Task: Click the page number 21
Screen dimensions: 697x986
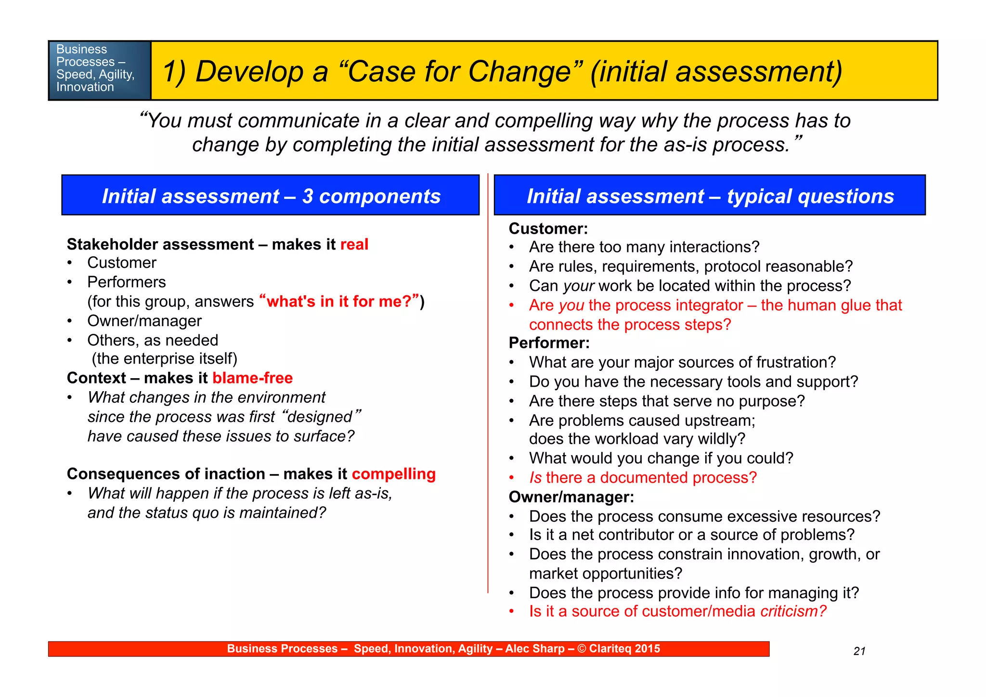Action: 859,651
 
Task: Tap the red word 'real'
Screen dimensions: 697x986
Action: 354,244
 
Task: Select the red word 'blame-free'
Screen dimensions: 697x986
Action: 252,378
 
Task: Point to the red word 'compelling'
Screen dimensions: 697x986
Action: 393,474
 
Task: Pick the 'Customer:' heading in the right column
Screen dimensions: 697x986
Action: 548,228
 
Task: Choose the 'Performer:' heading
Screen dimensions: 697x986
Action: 549,343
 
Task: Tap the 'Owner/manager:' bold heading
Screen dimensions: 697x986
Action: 571,497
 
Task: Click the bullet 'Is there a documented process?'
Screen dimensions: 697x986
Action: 643,477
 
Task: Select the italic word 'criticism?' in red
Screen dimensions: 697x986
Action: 793,611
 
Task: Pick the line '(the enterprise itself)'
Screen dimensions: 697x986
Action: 165,359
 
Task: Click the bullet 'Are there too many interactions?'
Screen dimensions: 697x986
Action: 644,247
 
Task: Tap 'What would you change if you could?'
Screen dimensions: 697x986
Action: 661,458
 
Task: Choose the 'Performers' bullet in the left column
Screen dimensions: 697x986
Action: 126,282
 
